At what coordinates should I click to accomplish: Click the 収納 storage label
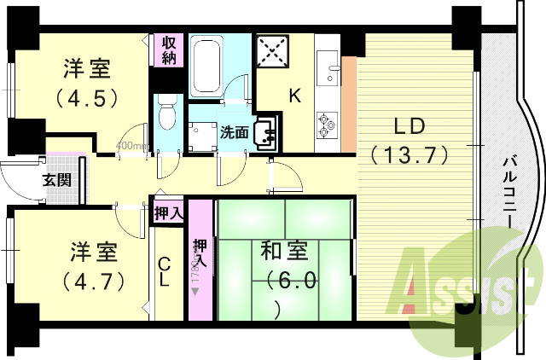[x=166, y=49]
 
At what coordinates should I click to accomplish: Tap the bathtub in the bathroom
[x=206, y=66]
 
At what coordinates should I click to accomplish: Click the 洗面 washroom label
[x=234, y=132]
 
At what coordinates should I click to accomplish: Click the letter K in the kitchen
[x=293, y=96]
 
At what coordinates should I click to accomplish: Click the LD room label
[x=411, y=125]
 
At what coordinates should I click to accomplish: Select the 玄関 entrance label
[x=33, y=180]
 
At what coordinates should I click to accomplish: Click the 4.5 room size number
[x=86, y=97]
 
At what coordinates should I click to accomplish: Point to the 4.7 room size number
[x=94, y=279]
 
